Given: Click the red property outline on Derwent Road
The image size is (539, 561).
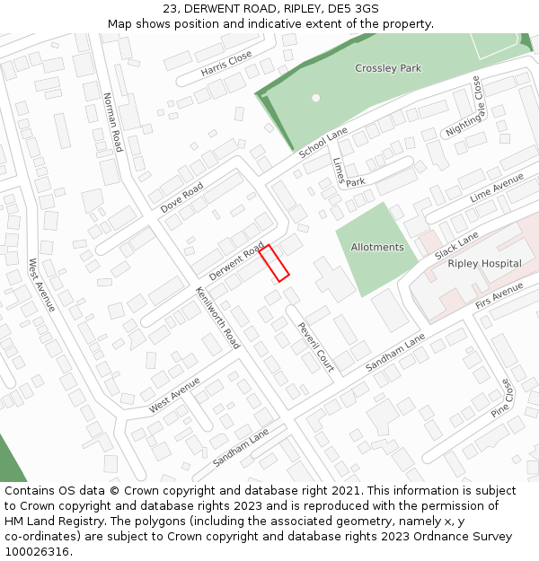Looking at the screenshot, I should point(275,263).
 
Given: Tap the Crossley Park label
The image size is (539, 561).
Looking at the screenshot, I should point(388,68).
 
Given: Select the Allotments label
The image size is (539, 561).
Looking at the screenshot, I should point(377,247).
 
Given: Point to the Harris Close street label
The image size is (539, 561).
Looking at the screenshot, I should point(226,63).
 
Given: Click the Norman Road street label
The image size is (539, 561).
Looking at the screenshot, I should point(112,121).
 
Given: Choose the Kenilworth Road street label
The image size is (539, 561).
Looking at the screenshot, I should point(218,318).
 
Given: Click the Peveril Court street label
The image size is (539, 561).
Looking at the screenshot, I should point(315,346).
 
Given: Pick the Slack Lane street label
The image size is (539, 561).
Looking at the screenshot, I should point(456,243).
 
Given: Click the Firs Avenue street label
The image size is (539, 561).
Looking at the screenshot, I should point(499,296).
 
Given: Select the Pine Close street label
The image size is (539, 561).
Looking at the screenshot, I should point(501,398).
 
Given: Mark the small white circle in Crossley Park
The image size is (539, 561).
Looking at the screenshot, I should point(315,97).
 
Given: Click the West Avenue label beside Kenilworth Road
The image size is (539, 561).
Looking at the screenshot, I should point(174,395).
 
